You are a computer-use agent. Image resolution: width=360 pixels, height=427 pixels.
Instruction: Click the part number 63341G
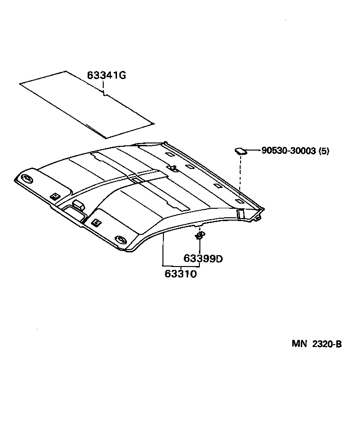pos(106,76)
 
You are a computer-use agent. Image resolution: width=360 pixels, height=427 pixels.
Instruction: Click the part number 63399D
pos(203,258)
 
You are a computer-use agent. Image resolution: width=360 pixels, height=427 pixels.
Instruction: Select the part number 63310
pos(181,274)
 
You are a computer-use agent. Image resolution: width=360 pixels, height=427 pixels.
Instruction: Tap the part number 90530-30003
pos(288,151)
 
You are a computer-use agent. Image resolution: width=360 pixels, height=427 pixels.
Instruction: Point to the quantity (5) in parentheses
pos(324,151)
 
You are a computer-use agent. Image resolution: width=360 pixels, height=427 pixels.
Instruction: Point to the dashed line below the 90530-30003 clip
pos(241,175)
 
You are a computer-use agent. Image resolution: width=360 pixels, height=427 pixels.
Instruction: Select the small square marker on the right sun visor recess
pos(96,222)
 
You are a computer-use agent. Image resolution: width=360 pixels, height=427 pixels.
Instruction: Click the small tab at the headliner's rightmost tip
pos(259,217)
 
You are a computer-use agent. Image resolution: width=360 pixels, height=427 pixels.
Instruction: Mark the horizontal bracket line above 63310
pos(181,266)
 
